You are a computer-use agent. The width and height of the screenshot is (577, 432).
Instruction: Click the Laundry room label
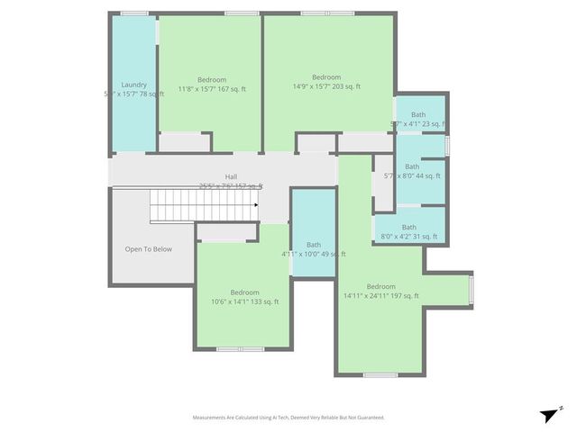click(x=133, y=85)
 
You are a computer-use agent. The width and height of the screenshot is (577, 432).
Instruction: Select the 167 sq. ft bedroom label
click(x=212, y=79)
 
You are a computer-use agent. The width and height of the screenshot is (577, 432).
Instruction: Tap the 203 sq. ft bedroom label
click(x=326, y=76)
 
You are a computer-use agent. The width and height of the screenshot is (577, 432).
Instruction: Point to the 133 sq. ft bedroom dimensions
click(x=244, y=301)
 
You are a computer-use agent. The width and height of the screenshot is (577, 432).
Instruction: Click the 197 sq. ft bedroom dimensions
click(x=380, y=295)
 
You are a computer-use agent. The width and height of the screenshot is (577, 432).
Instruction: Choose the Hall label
click(x=232, y=176)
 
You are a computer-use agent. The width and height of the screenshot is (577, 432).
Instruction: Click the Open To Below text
click(x=148, y=249)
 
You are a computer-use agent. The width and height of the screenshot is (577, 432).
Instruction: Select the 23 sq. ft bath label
click(x=418, y=114)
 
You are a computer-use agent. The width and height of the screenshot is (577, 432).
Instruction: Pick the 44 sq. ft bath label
click(x=412, y=166)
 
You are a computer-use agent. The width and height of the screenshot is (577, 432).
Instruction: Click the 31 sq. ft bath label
click(x=409, y=227)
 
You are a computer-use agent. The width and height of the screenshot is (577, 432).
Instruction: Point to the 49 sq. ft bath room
click(x=314, y=234)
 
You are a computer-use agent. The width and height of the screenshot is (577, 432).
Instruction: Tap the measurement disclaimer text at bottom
click(x=288, y=418)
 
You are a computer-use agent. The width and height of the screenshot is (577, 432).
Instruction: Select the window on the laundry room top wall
click(x=134, y=13)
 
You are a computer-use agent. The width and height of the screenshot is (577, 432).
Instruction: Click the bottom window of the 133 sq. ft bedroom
click(x=240, y=348)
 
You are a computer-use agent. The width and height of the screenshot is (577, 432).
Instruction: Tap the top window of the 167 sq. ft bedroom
click(x=241, y=13)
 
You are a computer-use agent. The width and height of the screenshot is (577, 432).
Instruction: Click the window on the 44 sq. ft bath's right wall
click(x=446, y=145)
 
